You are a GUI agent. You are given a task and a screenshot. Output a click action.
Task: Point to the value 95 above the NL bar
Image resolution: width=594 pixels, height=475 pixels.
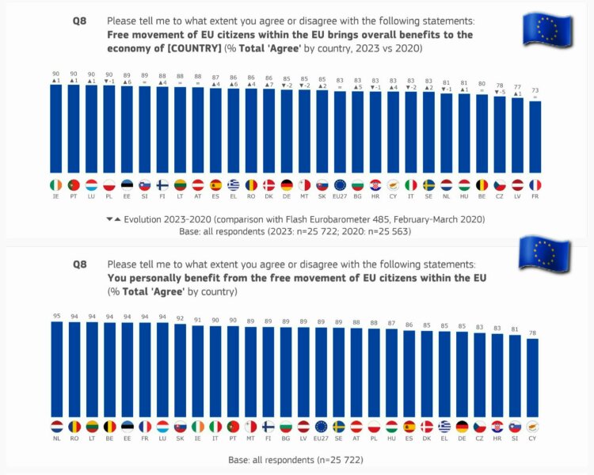point(56,315)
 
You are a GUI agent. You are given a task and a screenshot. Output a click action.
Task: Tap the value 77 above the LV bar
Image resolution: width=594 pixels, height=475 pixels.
point(518,88)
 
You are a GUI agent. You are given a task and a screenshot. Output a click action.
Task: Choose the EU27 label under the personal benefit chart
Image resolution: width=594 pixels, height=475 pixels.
point(322,438)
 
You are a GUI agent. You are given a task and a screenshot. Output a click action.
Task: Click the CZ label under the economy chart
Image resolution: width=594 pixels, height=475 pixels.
point(500,196)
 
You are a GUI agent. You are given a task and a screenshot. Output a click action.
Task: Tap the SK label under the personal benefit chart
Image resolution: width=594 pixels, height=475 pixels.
point(180,438)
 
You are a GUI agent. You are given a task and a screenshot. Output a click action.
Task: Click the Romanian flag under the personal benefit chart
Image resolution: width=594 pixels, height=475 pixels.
point(74,426)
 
